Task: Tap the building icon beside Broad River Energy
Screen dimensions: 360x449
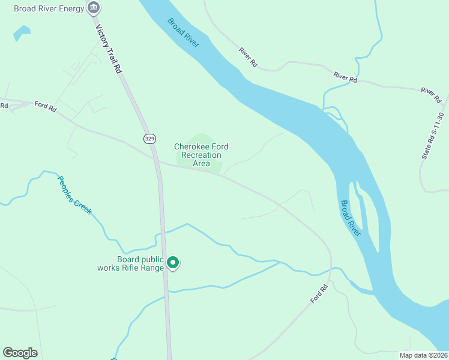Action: tap(94, 8)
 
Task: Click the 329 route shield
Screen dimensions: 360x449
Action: tap(149, 139)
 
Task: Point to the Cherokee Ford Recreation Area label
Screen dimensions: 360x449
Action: tap(201, 155)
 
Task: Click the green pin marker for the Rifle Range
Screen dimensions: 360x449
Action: tap(173, 263)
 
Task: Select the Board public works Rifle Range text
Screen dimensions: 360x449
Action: tap(132, 263)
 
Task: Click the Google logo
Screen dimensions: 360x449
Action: tap(20, 353)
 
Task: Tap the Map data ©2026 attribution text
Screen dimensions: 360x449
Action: tap(423, 355)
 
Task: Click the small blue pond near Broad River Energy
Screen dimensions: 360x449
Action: tap(21, 32)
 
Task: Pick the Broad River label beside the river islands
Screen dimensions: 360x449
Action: tap(351, 218)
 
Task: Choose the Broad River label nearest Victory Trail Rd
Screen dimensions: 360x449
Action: tap(183, 33)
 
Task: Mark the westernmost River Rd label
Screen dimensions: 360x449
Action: tap(247, 57)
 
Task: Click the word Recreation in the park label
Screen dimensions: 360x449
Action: tap(201, 155)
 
